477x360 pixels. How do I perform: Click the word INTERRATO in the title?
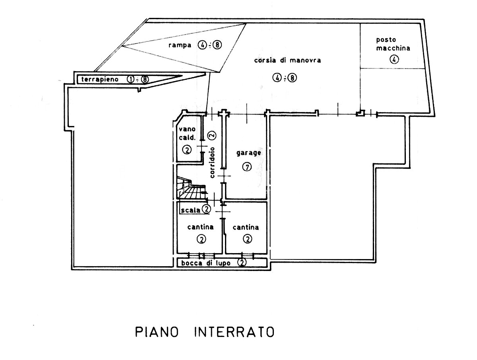click(x=234, y=332)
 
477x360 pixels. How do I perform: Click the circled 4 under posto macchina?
click(x=394, y=60)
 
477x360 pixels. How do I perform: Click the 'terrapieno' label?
click(x=101, y=79)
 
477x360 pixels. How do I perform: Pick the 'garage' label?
click(x=248, y=153)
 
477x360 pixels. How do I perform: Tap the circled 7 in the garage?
click(x=246, y=167)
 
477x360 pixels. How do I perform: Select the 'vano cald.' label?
click(x=187, y=134)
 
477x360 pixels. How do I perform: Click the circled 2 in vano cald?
click(x=186, y=150)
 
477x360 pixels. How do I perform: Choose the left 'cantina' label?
click(x=200, y=227)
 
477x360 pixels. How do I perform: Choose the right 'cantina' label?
click(x=246, y=227)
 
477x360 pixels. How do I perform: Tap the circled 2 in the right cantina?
click(x=247, y=239)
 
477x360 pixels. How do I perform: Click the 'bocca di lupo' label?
click(x=207, y=263)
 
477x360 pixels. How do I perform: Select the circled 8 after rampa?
click(x=217, y=45)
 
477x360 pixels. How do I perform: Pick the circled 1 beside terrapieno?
click(x=130, y=79)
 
